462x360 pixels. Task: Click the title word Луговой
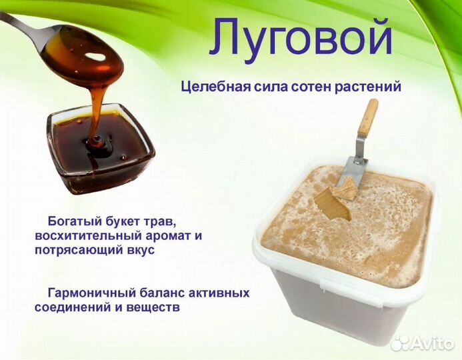(x=301, y=37)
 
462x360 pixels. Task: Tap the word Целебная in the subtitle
(x=210, y=87)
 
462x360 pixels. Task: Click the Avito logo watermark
(x=423, y=343)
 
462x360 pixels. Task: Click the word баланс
(x=169, y=293)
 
